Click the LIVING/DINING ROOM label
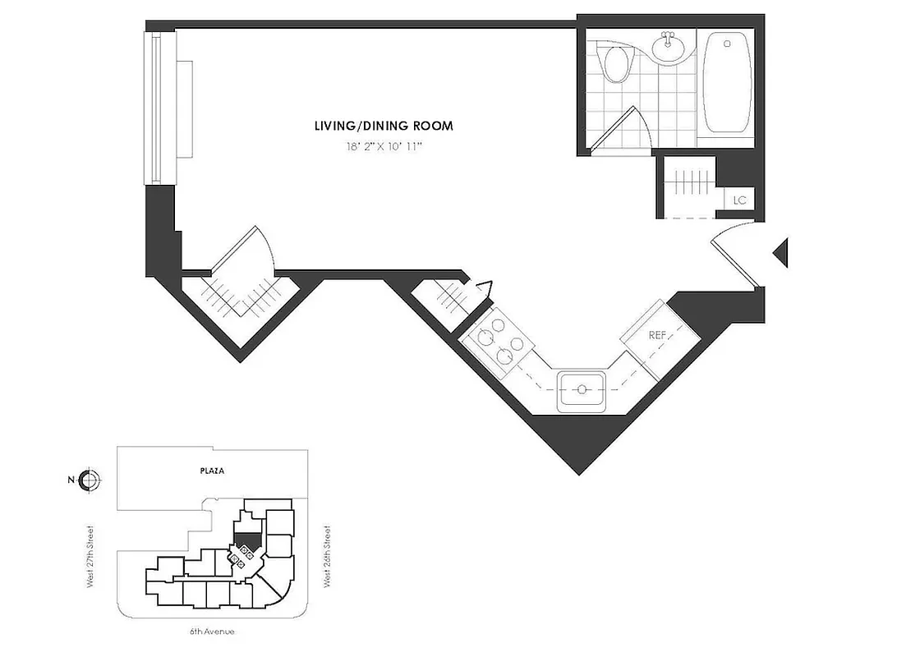pyautogui.click(x=384, y=126)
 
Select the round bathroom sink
pyautogui.click(x=669, y=47)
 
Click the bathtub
pyautogui.click(x=728, y=82)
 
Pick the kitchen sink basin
pyautogui.click(x=582, y=390)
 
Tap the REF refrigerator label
pyautogui.click(x=657, y=335)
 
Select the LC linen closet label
pyautogui.click(x=739, y=200)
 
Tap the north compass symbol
pyautogui.click(x=90, y=480)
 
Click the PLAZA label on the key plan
pyautogui.click(x=211, y=471)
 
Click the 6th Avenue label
pyautogui.click(x=212, y=632)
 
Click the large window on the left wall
pyautogui.click(x=159, y=108)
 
